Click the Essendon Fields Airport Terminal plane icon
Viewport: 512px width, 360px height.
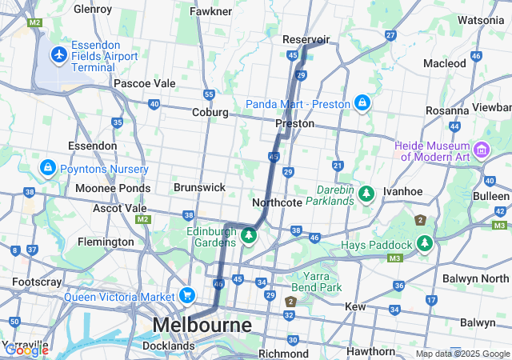tap(58, 54)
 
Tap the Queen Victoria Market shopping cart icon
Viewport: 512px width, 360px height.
tap(188, 296)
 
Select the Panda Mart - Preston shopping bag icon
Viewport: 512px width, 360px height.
tap(362, 103)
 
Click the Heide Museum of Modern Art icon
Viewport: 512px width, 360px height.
tap(482, 150)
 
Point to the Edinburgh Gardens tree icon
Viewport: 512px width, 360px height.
tap(249, 236)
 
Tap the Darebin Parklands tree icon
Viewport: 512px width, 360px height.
tap(366, 193)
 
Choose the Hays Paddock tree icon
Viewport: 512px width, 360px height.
tap(424, 243)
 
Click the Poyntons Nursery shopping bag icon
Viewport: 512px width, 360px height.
tap(47, 169)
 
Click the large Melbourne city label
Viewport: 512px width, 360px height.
tap(202, 325)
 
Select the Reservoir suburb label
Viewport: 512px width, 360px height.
tap(306, 39)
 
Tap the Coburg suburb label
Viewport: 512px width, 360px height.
tap(210, 113)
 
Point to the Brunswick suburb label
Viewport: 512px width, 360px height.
tap(199, 186)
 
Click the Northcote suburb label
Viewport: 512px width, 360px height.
tap(277, 202)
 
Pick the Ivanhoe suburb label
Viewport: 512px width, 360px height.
tap(402, 192)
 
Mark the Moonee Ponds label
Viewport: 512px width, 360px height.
tap(107, 188)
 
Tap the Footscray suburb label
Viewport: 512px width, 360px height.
tap(32, 282)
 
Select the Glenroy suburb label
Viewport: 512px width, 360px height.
tap(92, 9)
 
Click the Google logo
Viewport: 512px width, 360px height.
tap(26, 350)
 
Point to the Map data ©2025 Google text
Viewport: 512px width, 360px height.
tap(462, 354)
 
